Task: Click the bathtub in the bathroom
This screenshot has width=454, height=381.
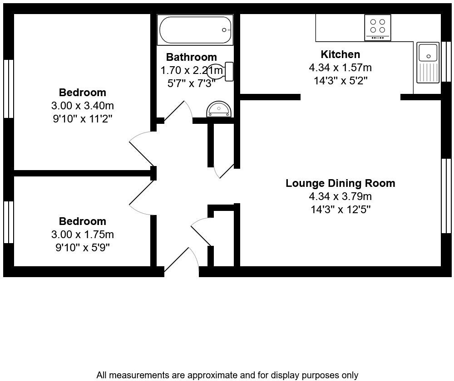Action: click(195, 30)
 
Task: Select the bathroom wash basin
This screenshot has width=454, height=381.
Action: click(219, 109)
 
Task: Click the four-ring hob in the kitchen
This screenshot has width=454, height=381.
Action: click(377, 26)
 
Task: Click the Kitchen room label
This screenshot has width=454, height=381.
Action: click(340, 54)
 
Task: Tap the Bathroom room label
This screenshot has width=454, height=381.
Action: click(191, 57)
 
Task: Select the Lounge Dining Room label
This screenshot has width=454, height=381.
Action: click(340, 183)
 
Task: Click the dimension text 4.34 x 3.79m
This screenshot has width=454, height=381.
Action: click(340, 196)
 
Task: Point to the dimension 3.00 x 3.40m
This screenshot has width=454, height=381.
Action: click(82, 106)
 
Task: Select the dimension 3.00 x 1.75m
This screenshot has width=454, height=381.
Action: click(82, 234)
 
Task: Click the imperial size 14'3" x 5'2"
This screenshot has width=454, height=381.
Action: click(340, 81)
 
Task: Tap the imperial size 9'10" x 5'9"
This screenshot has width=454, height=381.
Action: click(82, 248)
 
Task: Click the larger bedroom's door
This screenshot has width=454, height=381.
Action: click(141, 148)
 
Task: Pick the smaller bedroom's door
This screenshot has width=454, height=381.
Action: click(141, 199)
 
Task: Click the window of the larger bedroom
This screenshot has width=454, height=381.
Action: click(9, 89)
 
